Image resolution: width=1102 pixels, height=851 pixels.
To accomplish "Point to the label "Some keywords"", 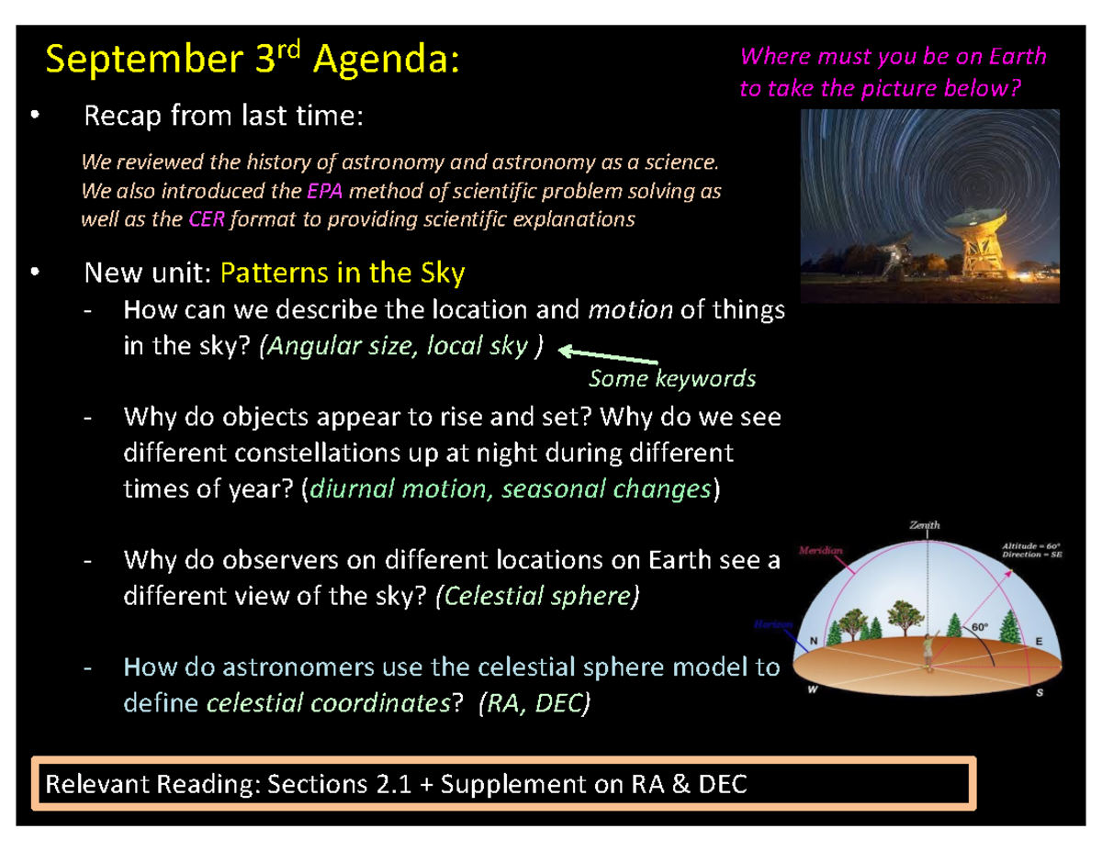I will point(671,378).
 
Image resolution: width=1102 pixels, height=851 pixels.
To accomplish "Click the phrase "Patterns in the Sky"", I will point(343,273).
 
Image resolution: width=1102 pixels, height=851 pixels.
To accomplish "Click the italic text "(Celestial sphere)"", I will point(536,596).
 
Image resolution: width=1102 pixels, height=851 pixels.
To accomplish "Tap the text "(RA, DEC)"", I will point(537,704).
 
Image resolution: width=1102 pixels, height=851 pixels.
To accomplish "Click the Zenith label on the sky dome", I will point(925,525).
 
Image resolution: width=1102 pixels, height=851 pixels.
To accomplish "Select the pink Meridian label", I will point(821,549).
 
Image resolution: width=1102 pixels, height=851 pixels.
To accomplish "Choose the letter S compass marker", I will point(1039,693).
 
